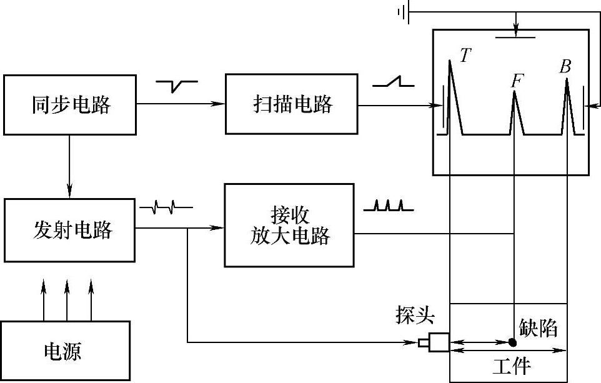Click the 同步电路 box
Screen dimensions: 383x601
(x=71, y=105)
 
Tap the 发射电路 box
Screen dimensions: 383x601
(x=71, y=230)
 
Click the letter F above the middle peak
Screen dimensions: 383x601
(x=517, y=81)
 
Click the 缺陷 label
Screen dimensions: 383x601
(x=538, y=328)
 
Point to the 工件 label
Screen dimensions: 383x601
(x=512, y=366)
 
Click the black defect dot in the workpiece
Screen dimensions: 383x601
(x=512, y=342)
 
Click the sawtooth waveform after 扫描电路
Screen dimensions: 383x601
(x=394, y=82)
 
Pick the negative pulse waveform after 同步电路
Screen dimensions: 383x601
(x=177, y=84)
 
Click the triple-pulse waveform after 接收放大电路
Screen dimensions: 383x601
(x=384, y=206)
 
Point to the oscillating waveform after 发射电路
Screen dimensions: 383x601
(x=166, y=206)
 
